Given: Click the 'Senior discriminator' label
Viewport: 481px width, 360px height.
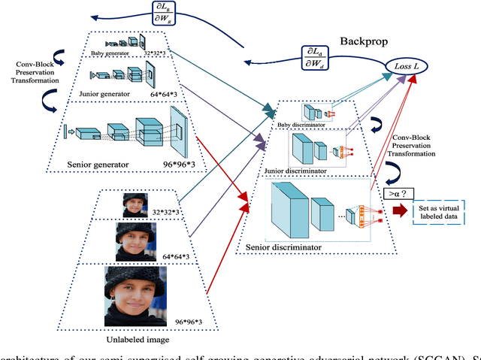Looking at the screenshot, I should pyautogui.click(x=283, y=245).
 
